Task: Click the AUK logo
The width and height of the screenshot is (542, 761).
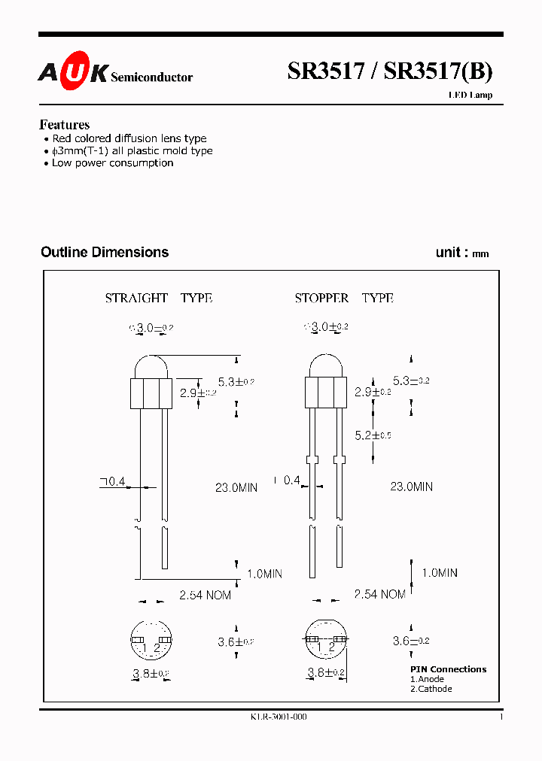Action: click(x=73, y=72)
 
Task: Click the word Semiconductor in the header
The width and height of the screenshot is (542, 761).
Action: click(x=151, y=77)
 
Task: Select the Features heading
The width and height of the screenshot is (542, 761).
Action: click(x=64, y=125)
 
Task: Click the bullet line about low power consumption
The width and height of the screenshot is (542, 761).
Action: click(x=112, y=163)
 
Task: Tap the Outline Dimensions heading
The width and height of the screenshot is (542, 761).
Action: click(x=105, y=253)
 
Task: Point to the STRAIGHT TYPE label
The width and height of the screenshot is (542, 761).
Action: click(x=158, y=299)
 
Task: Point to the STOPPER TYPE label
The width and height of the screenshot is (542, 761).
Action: click(x=344, y=299)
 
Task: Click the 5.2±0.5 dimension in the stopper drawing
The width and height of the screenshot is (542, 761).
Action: click(x=373, y=435)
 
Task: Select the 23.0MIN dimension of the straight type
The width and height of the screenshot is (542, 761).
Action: click(x=236, y=487)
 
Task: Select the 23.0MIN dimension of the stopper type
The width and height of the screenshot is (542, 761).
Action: click(x=411, y=487)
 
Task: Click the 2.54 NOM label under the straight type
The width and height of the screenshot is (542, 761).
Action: click(x=205, y=595)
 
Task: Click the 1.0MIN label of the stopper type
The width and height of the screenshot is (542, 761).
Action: click(x=439, y=573)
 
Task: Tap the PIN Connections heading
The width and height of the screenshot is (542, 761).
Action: click(x=448, y=669)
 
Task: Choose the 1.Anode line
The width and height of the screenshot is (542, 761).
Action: click(x=427, y=679)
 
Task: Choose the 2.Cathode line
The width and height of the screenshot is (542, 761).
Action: click(x=431, y=689)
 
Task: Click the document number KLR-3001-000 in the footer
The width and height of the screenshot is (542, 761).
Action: click(x=279, y=717)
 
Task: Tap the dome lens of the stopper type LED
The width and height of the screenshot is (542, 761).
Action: click(x=325, y=367)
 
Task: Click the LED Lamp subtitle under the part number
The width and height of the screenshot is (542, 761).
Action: click(x=471, y=96)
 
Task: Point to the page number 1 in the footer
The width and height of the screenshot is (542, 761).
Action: click(x=501, y=717)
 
